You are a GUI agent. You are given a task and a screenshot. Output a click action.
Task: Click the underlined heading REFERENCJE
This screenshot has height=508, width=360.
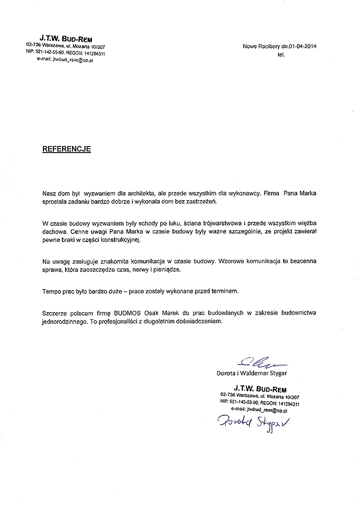(66, 149)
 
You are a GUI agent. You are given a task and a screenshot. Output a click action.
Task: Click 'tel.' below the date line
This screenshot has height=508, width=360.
(282, 54)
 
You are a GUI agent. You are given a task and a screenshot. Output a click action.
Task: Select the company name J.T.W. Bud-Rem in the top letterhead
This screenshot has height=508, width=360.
(66, 37)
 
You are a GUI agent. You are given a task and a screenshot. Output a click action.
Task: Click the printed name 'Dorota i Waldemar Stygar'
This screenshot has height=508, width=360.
(252, 373)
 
